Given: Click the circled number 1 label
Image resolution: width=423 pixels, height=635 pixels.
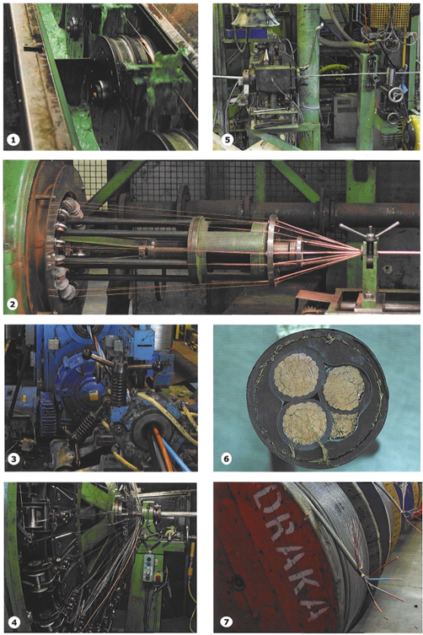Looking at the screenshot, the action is (13, 140).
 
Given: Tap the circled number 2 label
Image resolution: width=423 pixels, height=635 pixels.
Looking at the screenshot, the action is (13, 304).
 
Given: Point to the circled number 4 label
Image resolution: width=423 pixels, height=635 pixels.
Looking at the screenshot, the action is (14, 622).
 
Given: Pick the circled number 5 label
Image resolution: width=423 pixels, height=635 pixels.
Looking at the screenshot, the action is (227, 140).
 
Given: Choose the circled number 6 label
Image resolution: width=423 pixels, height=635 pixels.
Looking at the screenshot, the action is (227, 459).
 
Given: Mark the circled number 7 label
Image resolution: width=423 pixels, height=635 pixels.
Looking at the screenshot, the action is (226, 622).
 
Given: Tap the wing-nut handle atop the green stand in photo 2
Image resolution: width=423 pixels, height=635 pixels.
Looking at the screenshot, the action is (369, 229).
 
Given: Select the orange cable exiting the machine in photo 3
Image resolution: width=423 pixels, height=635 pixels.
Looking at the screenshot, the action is (162, 449).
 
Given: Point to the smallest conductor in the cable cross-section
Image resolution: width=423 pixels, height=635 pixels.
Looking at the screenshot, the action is (344, 426).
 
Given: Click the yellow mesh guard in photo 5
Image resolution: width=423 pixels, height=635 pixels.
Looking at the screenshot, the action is (389, 15).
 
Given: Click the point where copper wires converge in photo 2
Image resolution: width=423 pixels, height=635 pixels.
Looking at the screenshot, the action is (361, 254).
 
